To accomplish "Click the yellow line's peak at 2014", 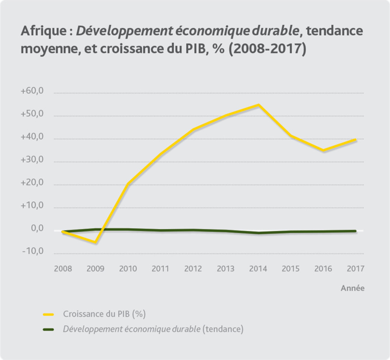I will [x=258, y=105].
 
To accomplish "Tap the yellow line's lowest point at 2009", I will [x=95, y=243].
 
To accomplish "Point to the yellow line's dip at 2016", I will [x=323, y=150].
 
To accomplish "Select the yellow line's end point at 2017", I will [x=355, y=140].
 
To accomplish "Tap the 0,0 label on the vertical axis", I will [x=37, y=229].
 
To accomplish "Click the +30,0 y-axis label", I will [x=32, y=160].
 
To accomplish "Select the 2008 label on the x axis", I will [x=63, y=269].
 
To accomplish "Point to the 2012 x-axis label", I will [x=193, y=269].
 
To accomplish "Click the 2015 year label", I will [x=290, y=269].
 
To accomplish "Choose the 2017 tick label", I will [x=355, y=269].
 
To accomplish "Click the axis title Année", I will [x=353, y=288].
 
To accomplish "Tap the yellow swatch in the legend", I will [x=49, y=314].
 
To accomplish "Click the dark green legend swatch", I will [x=49, y=329].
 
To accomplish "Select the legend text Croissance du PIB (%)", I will [x=104, y=314].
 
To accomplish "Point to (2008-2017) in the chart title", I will [x=267, y=49].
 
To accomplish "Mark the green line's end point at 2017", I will [x=355, y=231].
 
